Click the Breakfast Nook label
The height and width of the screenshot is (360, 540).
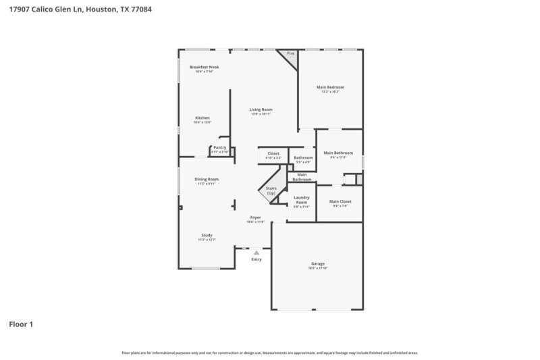click(204, 67)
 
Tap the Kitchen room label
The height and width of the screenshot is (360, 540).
click(202, 118)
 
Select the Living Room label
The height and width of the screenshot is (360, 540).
click(261, 109)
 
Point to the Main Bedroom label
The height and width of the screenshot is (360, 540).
click(331, 87)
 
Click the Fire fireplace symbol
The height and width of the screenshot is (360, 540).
click(291, 54)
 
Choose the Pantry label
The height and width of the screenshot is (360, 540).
click(219, 147)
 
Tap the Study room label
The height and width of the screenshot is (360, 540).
click(207, 235)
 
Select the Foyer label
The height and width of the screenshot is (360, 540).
click(256, 217)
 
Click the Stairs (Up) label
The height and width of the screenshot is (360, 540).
click(271, 191)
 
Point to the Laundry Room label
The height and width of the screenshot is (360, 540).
click(301, 200)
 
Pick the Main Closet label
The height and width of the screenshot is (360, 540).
click(340, 201)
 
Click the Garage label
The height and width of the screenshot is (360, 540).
click(318, 263)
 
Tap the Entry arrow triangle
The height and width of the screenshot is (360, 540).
click(256, 253)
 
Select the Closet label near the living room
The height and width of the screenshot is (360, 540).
click(273, 153)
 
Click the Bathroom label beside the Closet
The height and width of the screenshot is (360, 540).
click(303, 157)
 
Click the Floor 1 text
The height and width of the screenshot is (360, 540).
click(21, 324)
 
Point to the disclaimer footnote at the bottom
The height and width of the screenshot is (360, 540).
click(270, 353)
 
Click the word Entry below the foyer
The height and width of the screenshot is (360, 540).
click(256, 259)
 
